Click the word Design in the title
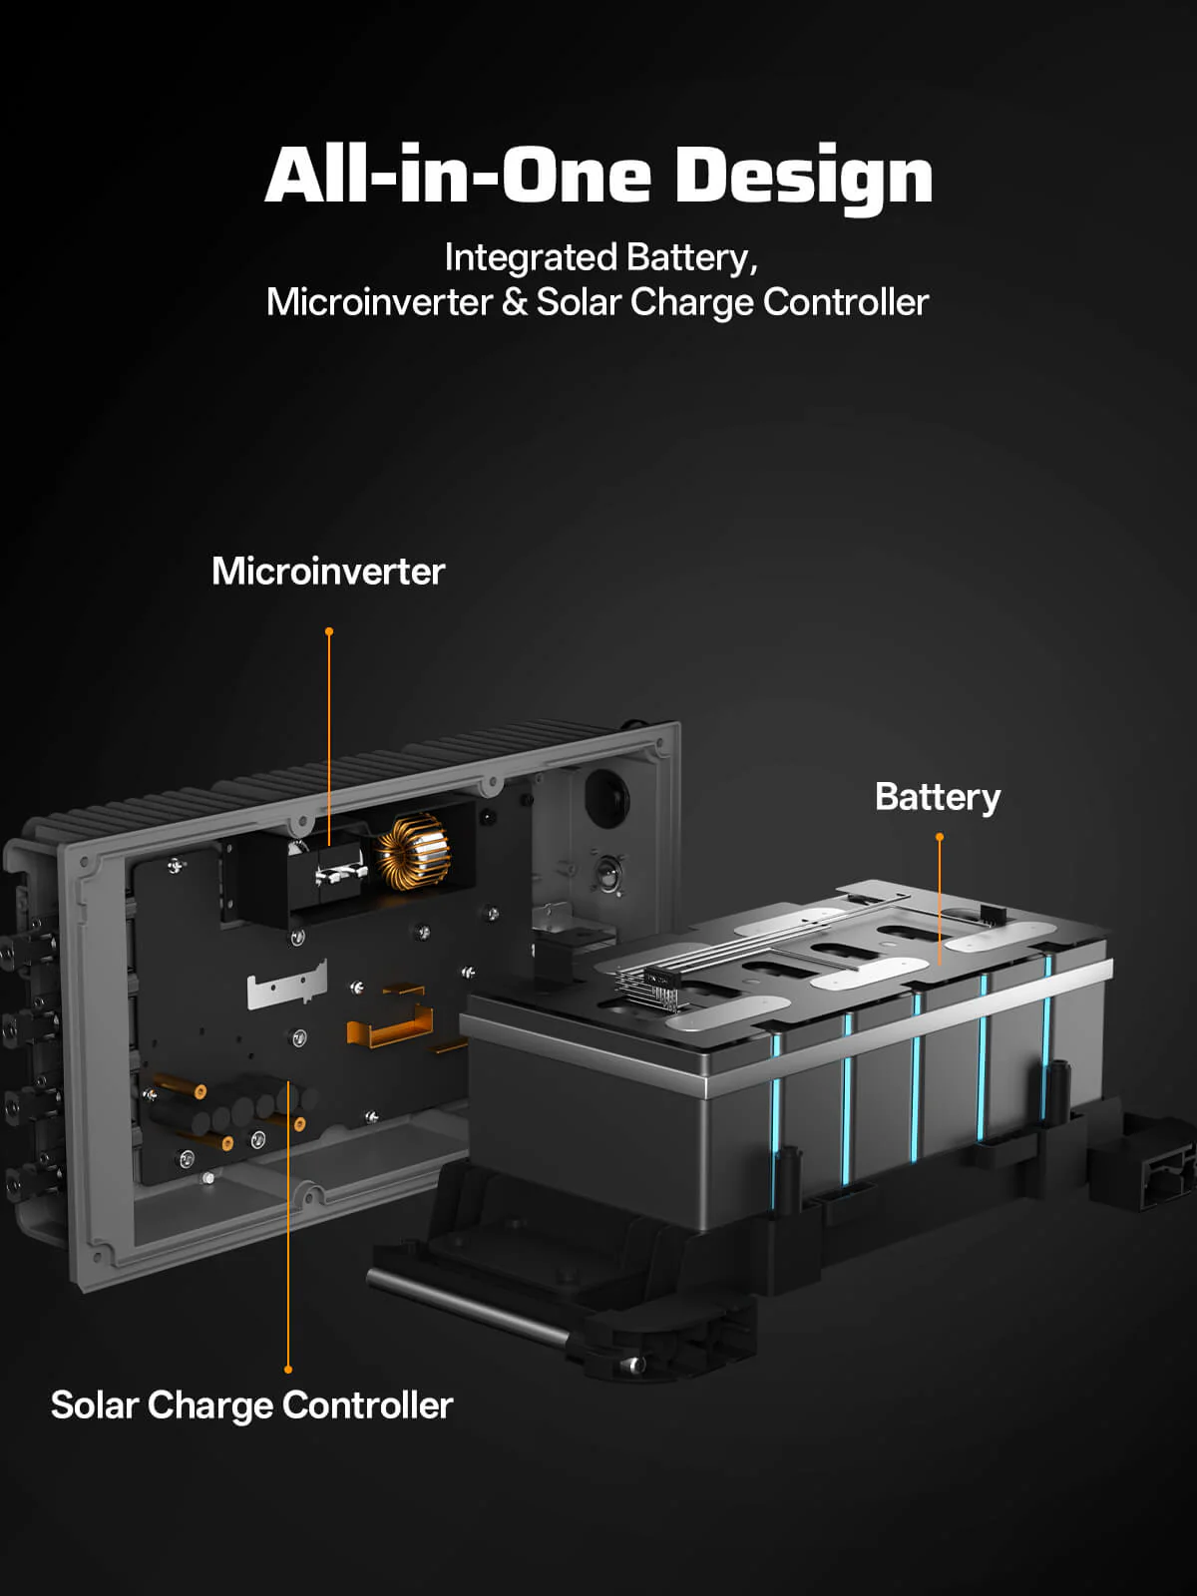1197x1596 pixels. pyautogui.click(x=804, y=178)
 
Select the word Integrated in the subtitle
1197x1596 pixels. pyautogui.click(x=531, y=258)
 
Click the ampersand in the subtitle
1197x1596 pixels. pyautogui.click(x=514, y=302)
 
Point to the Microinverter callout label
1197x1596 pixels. pyautogui.click(x=328, y=571)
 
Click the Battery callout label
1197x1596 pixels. pyautogui.click(x=938, y=798)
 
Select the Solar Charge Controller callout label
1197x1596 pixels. pyautogui.click(x=251, y=1404)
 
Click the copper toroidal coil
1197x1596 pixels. pyautogui.click(x=411, y=852)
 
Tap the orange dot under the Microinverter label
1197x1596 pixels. pyautogui.click(x=329, y=631)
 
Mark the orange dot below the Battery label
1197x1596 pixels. pyautogui.click(x=939, y=837)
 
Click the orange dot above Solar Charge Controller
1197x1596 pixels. pyautogui.click(x=288, y=1370)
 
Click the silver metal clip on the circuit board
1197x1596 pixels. pyautogui.click(x=287, y=984)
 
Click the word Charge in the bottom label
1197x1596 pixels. pyautogui.click(x=209, y=1406)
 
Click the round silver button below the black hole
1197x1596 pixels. pyautogui.click(x=607, y=871)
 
